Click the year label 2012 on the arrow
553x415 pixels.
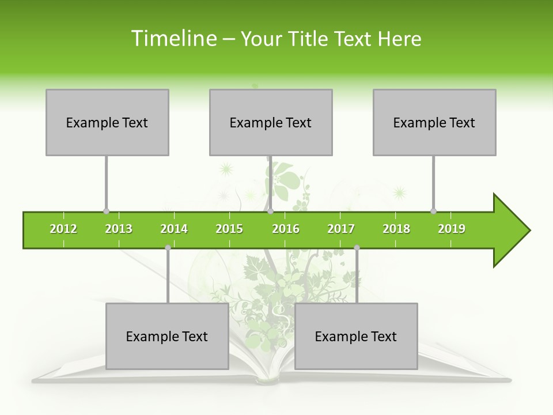click(x=63, y=229)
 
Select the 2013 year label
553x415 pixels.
click(x=119, y=229)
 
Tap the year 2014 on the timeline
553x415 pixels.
click(x=174, y=229)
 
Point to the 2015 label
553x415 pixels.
click(x=229, y=229)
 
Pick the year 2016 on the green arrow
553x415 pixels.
click(x=286, y=229)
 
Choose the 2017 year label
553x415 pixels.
click(x=341, y=229)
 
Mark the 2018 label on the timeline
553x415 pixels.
click(x=396, y=229)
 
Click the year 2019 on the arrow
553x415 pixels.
click(x=452, y=229)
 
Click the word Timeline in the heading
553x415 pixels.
click(x=173, y=39)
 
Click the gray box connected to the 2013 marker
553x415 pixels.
click(x=107, y=122)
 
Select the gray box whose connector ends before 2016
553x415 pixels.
click(x=271, y=122)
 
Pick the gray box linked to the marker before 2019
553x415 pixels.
click(x=434, y=122)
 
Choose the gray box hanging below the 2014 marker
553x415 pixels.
click(x=167, y=336)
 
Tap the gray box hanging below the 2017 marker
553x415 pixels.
click(x=356, y=336)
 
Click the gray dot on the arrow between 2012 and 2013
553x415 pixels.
click(x=106, y=212)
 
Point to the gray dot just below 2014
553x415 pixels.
click(x=168, y=248)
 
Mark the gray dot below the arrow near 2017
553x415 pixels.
click(x=357, y=248)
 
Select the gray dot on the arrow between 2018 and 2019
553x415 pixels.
click(x=433, y=212)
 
